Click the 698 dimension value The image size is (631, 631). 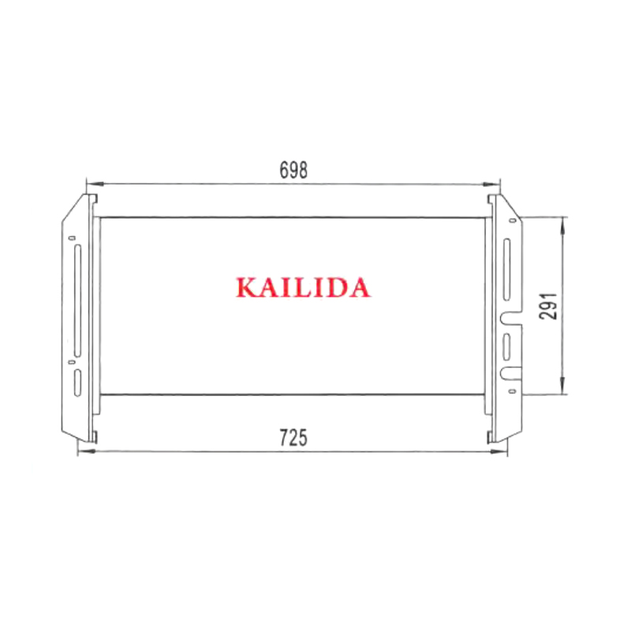293,170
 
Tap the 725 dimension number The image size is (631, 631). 293,438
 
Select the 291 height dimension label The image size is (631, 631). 548,306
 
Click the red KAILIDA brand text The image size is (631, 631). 303,287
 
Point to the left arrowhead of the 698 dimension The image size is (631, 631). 95,184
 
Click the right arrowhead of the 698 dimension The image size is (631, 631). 491,185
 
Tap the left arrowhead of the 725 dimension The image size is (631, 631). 86,451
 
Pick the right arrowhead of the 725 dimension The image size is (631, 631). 498,452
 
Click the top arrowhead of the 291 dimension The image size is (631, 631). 562,226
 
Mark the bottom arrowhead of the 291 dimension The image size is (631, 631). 562,386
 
